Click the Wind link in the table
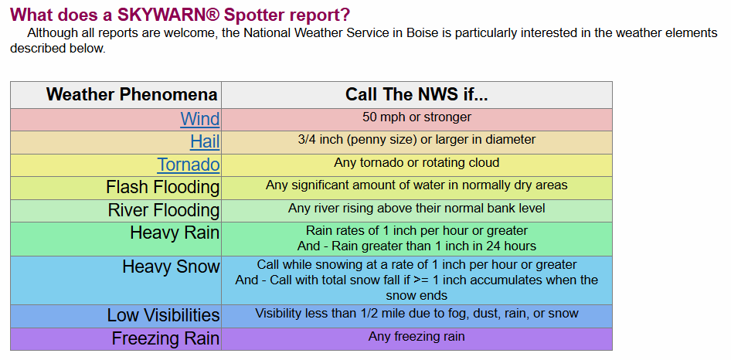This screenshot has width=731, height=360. point(200,119)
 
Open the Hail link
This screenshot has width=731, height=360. point(205,142)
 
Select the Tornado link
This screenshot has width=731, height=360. point(189,165)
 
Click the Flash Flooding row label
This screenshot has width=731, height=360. point(163,188)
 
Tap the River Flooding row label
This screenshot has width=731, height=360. point(164,211)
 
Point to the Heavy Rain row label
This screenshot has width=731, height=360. point(175,233)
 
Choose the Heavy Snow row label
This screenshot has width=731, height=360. point(171,267)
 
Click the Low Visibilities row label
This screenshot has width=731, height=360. point(163,315)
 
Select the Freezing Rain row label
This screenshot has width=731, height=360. point(165,338)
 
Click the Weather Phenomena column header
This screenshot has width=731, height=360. point(132,95)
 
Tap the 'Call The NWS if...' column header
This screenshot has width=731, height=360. point(416,95)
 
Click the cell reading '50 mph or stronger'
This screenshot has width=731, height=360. point(416,117)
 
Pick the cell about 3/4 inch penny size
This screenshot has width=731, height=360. point(416,140)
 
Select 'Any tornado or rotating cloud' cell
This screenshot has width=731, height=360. point(416,163)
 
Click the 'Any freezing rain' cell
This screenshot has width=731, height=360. point(416,336)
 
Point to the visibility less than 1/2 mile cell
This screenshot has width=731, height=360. point(416,314)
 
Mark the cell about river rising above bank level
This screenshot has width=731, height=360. point(416,208)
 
